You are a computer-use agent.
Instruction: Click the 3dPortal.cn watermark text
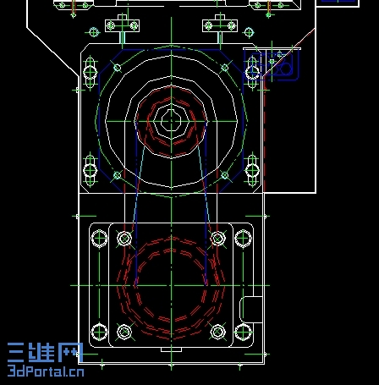(46, 371)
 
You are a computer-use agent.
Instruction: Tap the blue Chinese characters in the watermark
(45, 353)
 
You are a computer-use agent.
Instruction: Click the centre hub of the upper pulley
(171, 121)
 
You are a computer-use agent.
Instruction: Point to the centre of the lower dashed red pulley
(171, 285)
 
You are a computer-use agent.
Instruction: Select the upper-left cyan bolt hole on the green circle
(118, 68)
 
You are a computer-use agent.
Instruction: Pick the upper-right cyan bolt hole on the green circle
(225, 68)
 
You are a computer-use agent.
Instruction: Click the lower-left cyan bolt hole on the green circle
(118, 175)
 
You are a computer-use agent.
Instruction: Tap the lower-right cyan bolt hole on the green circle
(225, 175)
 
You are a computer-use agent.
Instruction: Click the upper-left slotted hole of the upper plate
(90, 72)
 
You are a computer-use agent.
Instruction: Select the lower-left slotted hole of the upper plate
(90, 170)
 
